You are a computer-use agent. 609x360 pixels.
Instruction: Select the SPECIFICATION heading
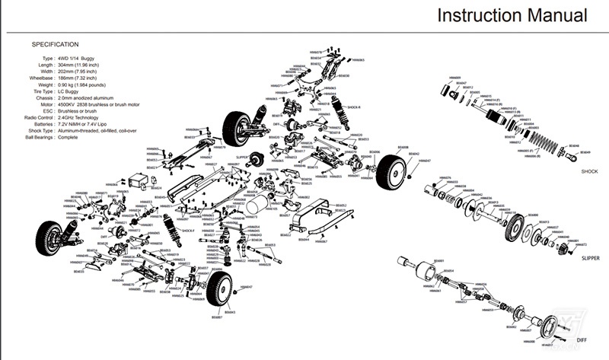coord(55,44)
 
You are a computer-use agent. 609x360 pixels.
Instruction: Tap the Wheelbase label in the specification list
coord(40,78)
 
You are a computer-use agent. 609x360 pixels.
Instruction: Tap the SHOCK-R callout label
coord(354,108)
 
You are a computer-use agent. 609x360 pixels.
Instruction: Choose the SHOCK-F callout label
coord(187,229)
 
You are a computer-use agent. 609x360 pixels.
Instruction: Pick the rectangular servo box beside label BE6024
coord(137,183)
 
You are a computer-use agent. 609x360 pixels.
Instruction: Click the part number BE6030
coord(344,76)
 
